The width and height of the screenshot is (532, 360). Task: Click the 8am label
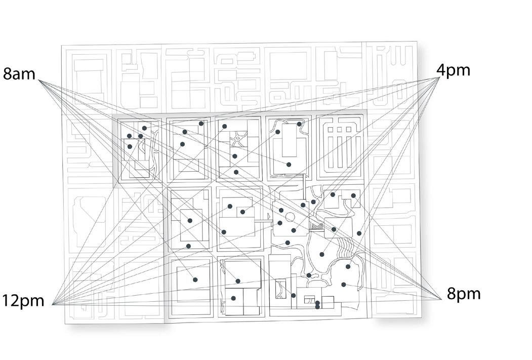point(19,74)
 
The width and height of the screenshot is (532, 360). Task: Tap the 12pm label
point(23,301)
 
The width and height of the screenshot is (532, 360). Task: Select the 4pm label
point(454,70)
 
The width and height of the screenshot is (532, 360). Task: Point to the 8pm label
point(464,294)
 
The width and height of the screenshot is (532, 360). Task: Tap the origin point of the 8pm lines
point(443,299)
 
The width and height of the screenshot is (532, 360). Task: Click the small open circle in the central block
point(290,218)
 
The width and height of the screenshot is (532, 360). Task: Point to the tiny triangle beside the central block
point(268,216)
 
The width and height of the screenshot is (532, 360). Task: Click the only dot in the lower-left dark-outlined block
point(195,279)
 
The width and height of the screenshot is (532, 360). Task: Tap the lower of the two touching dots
point(317,307)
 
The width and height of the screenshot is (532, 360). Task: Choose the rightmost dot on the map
point(359,233)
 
